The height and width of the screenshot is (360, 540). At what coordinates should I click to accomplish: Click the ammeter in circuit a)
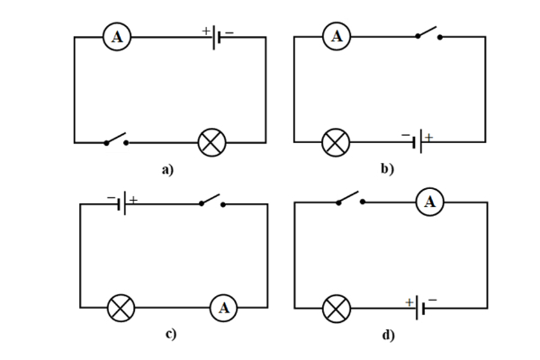coord(117,37)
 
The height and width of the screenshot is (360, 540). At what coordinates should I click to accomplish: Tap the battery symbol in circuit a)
coord(216,38)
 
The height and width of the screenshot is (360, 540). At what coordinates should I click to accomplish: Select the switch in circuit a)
coord(114,139)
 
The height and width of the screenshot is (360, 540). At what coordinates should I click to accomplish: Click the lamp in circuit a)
coord(212,141)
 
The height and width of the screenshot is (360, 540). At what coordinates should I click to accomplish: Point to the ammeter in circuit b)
coord(337,37)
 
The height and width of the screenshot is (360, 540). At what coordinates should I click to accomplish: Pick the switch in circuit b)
coord(427,35)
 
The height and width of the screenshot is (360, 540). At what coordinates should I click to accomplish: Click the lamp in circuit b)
coord(336,141)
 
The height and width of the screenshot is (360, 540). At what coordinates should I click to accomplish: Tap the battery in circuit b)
coord(419,141)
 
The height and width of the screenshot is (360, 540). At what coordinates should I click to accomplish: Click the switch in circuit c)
coord(211,201)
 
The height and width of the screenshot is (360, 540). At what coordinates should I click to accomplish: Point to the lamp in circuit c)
coord(121,309)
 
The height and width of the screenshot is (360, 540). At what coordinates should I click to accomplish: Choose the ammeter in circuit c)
coord(224,309)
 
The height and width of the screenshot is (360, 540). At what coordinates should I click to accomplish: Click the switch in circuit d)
coord(349,198)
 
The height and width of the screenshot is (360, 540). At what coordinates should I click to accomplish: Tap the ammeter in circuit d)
coord(429,202)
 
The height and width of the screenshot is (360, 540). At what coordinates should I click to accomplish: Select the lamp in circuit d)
coord(337,309)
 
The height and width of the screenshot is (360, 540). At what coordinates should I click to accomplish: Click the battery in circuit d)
coord(419,309)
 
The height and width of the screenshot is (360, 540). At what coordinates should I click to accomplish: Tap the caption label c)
coord(169,335)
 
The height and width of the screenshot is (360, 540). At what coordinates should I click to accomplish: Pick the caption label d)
coord(388,335)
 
